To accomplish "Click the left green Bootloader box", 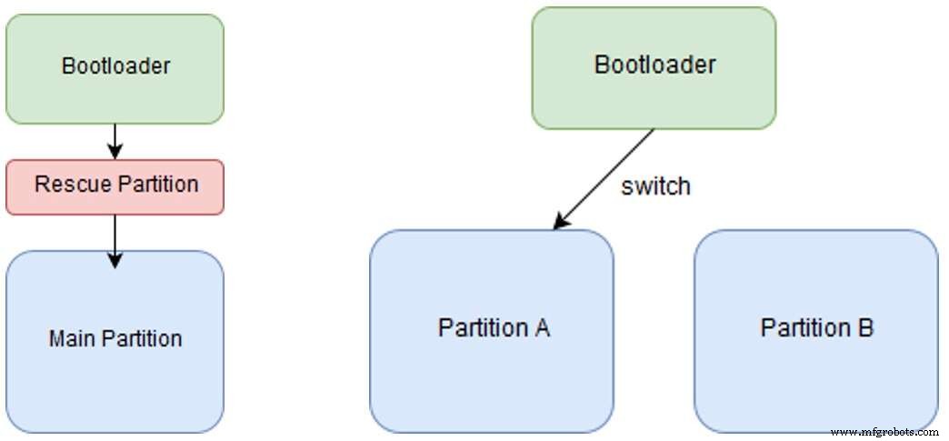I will pos(115,68).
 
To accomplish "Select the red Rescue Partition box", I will pos(115,186).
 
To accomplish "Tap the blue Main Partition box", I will pos(115,341).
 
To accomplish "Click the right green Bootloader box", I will pos(654,67).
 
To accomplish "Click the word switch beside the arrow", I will pos(655,186).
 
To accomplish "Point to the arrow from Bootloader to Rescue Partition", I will pos(115,141).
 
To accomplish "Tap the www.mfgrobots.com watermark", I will pos(884,432).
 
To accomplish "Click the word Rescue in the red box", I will pos(66,185).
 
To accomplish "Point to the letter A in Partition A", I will pos(542,327).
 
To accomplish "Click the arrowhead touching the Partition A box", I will pos(561,221).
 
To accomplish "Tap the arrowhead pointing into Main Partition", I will pos(115,261).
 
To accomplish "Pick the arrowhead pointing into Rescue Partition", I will pos(115,152).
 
